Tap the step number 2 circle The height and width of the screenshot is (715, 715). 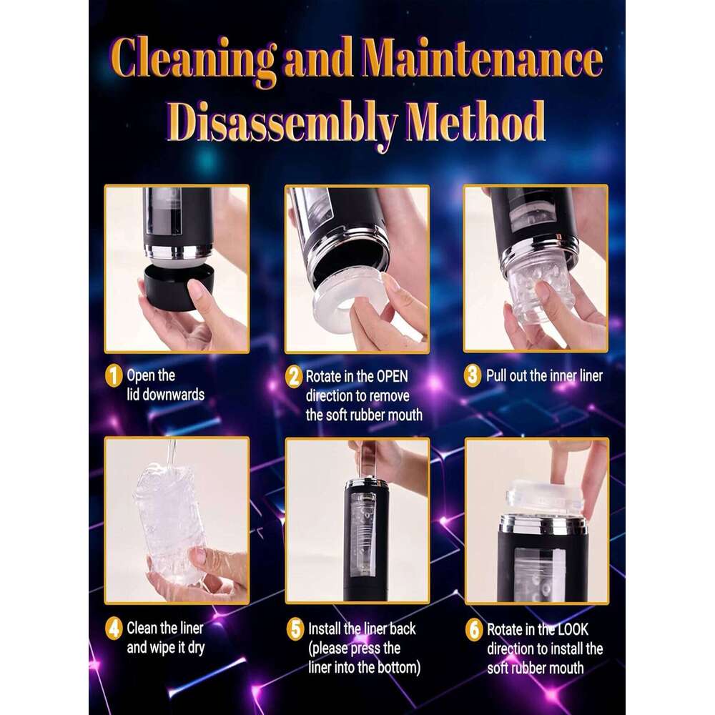coord(294,376)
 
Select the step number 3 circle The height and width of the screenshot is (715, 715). coord(473,376)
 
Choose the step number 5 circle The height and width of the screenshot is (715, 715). coord(295,629)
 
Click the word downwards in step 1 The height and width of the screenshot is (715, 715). coord(165,395)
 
